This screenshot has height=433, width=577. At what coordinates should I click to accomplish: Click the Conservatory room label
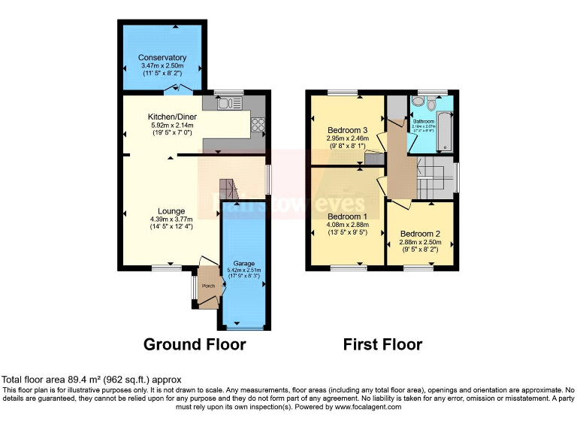click(162, 58)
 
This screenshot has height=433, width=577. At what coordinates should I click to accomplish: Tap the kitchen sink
click(225, 104)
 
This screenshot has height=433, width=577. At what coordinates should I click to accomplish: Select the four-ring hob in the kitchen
click(258, 124)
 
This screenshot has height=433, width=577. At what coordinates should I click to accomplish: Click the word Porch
click(207, 286)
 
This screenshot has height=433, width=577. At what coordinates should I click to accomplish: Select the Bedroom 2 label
click(419, 234)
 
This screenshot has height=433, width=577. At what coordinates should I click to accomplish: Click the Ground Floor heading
click(195, 344)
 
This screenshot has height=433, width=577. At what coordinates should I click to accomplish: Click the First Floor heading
click(382, 344)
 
